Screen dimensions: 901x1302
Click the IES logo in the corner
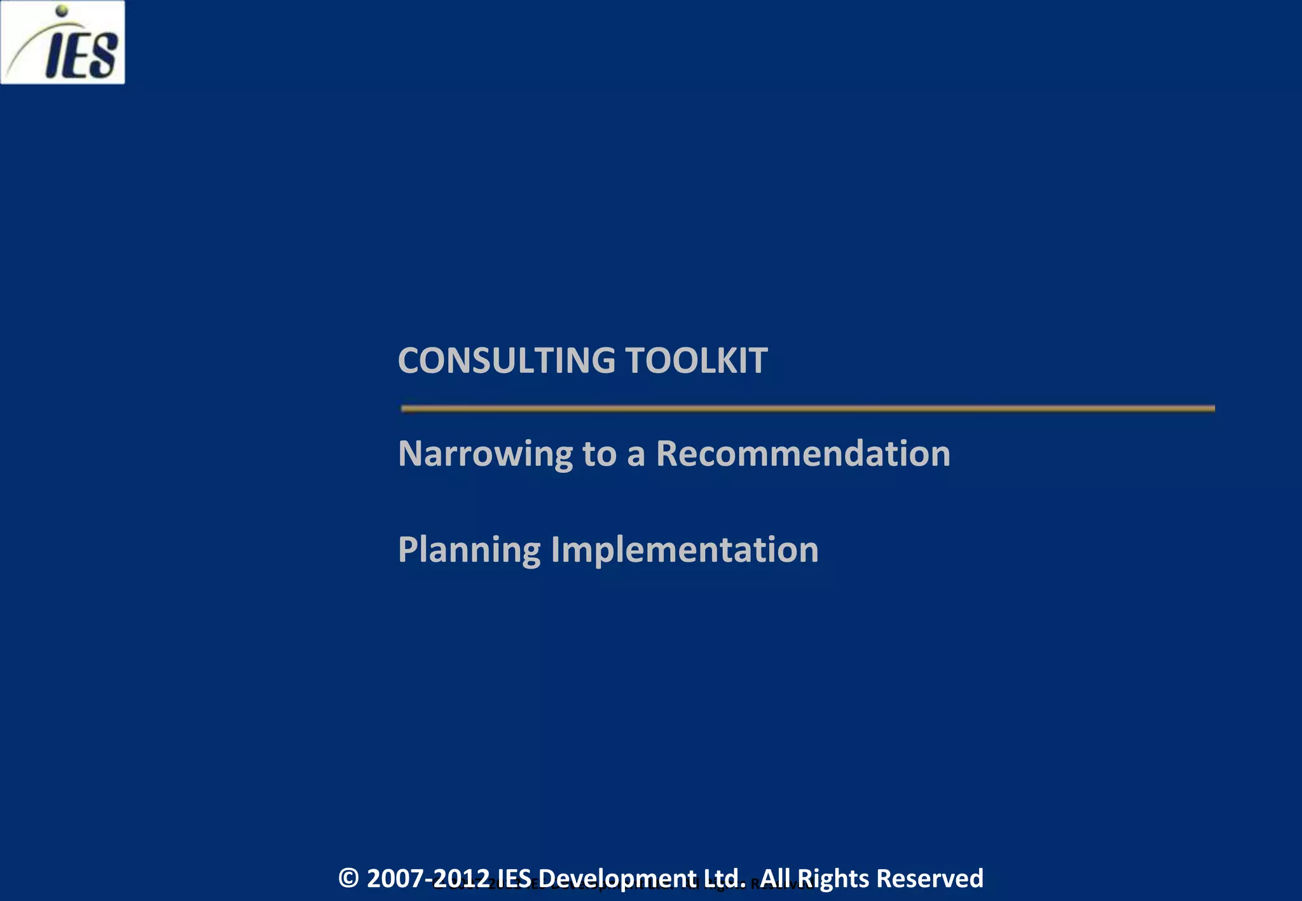(x=62, y=42)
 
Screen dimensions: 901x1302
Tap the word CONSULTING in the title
(x=506, y=360)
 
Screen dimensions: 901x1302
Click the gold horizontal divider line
(x=807, y=409)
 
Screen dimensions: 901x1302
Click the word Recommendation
(x=803, y=454)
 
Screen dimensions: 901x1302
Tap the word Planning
(x=469, y=550)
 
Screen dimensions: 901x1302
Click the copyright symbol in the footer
(x=348, y=878)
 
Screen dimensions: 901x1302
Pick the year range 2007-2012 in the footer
(x=428, y=878)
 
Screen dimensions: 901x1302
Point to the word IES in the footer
(x=514, y=878)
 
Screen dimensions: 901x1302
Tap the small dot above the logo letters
(x=62, y=10)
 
